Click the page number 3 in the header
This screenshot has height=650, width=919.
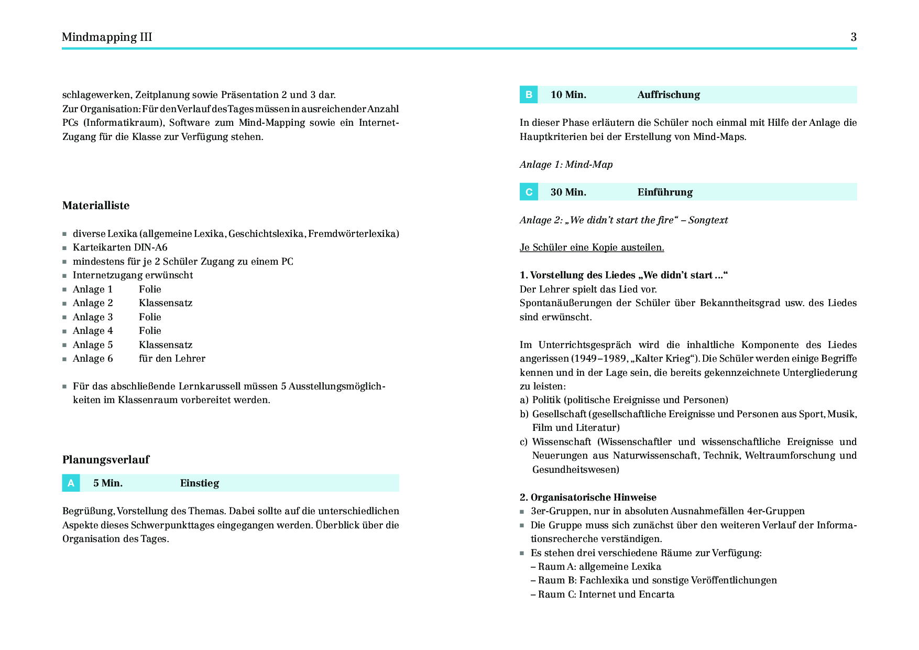[x=854, y=37]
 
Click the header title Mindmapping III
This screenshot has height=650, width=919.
[x=107, y=37]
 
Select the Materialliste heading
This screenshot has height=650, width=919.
[x=96, y=205]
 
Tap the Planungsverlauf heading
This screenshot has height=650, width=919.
[x=106, y=460]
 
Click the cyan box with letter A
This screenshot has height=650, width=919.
[x=71, y=483]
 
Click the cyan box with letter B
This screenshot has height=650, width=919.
[x=529, y=95]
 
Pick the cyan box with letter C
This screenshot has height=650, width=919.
[x=529, y=192]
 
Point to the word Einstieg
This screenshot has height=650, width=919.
[x=200, y=483]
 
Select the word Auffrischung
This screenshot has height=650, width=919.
[x=669, y=95]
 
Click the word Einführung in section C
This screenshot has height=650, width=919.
[x=665, y=192]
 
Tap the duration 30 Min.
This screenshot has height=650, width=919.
[x=568, y=192]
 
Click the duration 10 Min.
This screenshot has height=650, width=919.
[x=568, y=95]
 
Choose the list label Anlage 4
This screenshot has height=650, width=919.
[x=93, y=331]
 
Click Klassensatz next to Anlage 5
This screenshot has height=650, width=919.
[x=166, y=345]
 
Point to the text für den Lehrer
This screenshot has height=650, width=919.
[x=172, y=359]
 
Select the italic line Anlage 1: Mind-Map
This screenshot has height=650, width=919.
[x=566, y=165]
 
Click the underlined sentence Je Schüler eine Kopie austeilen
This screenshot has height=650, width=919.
[x=592, y=247]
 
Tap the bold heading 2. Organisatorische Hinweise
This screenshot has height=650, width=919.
[x=588, y=497]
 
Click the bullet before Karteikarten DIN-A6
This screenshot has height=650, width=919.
[x=64, y=248]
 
